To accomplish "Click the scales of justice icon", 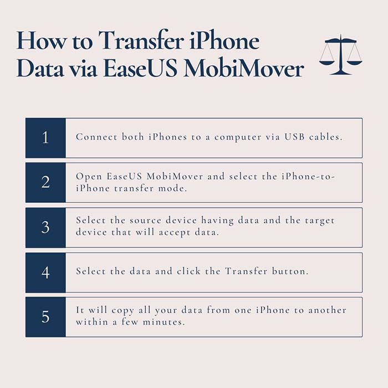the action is [x=341, y=54].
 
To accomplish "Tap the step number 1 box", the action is [x=45, y=138].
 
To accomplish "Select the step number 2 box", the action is [x=45, y=182].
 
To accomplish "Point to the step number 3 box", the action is [x=45, y=227].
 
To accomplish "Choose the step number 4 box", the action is [x=45, y=273].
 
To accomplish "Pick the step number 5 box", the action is [x=45, y=317].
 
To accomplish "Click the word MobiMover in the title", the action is [x=244, y=68].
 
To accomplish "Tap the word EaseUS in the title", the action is [x=140, y=68].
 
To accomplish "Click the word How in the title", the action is [x=41, y=40].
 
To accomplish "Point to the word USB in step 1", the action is [x=294, y=137].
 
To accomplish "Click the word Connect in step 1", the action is [x=96, y=137].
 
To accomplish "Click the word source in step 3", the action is [x=146, y=220].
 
